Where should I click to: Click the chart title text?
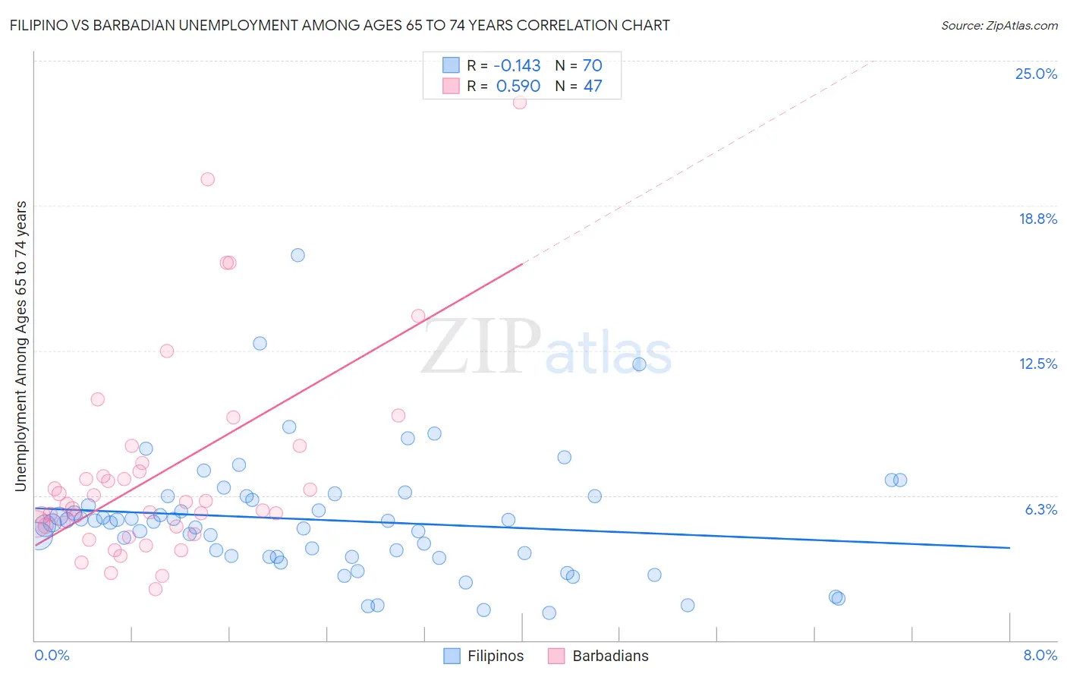pyautogui.click(x=339, y=25)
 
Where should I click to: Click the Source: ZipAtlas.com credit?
pyautogui.click(x=999, y=25)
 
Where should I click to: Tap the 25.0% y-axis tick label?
pyautogui.click(x=1036, y=74)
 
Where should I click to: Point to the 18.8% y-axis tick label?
pyautogui.click(x=1037, y=219)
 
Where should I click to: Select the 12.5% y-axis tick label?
pyautogui.click(x=1037, y=364)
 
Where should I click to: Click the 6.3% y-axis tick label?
pyautogui.click(x=1040, y=509)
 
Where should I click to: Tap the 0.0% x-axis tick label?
pyautogui.click(x=52, y=655)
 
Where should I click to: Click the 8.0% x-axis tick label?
pyautogui.click(x=1040, y=655)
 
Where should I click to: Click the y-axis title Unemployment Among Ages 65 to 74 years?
pyautogui.click(x=20, y=346)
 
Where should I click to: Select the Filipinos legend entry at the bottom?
pyautogui.click(x=495, y=656)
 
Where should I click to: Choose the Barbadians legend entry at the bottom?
pyautogui.click(x=610, y=656)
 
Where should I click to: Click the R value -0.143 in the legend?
pyautogui.click(x=517, y=65)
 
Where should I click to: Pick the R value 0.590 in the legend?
pyautogui.click(x=518, y=86)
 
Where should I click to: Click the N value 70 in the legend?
pyautogui.click(x=592, y=65)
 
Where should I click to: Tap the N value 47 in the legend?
pyautogui.click(x=592, y=86)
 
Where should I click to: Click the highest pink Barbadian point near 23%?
pyautogui.click(x=520, y=102)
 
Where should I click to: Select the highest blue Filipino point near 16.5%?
pyautogui.click(x=297, y=255)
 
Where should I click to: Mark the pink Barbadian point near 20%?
pyautogui.click(x=207, y=179)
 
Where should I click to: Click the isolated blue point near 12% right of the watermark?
pyautogui.click(x=639, y=364)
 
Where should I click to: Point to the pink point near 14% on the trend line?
pyautogui.click(x=418, y=316)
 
